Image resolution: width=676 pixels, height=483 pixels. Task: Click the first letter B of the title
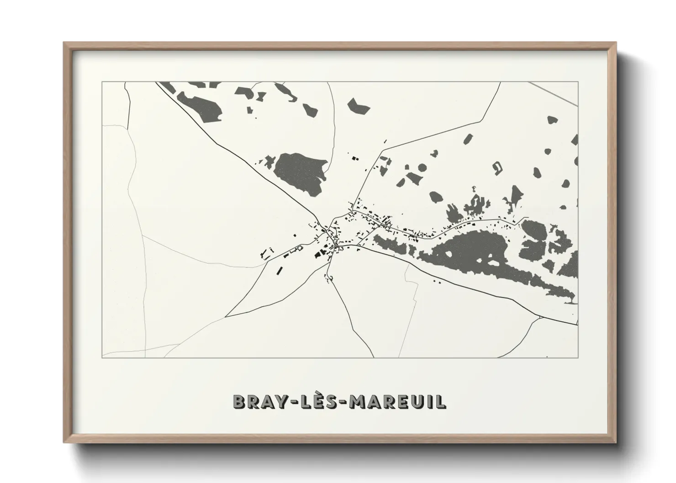tap(239, 402)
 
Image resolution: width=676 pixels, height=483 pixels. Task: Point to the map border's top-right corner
tap(578, 82)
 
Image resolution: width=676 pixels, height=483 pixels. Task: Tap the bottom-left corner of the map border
tap(102, 357)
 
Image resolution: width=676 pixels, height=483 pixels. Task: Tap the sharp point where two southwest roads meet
tap(227, 316)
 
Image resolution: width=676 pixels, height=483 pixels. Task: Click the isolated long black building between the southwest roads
tap(279, 270)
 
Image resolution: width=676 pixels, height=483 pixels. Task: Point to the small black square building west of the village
tap(295, 235)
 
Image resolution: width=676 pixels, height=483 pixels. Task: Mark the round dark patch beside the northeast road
tap(422, 168)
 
